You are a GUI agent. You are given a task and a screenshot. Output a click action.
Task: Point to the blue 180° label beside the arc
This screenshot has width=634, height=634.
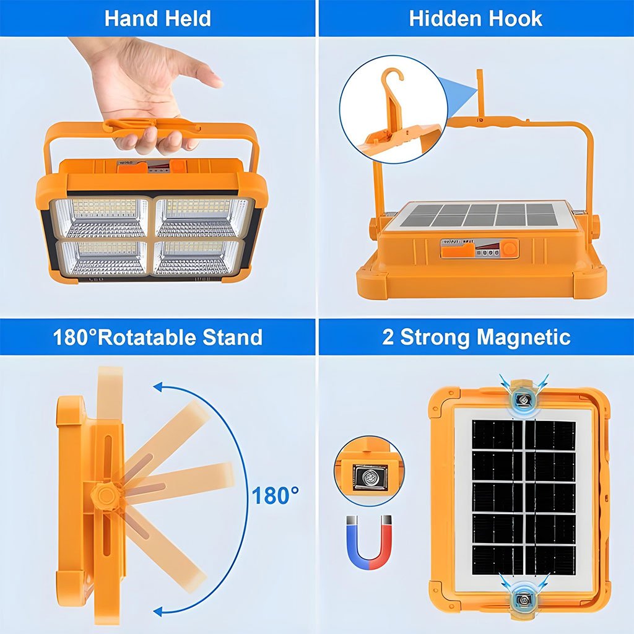point(276,495)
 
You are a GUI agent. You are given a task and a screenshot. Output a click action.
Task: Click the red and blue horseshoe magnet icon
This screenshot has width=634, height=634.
point(369,541)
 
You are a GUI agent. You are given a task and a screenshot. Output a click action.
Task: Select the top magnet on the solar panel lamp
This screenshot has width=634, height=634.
point(523,399)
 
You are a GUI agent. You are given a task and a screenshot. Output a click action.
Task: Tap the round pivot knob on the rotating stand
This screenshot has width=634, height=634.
point(105,496)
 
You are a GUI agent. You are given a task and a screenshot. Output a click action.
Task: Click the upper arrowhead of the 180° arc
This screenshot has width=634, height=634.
point(158,387)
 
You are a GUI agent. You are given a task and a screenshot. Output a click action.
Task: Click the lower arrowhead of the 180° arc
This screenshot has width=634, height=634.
point(158,610)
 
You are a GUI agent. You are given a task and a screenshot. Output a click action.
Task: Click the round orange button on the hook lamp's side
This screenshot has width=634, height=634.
point(510,248)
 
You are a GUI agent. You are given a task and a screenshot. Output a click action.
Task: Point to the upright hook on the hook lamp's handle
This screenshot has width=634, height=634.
point(480,93)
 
